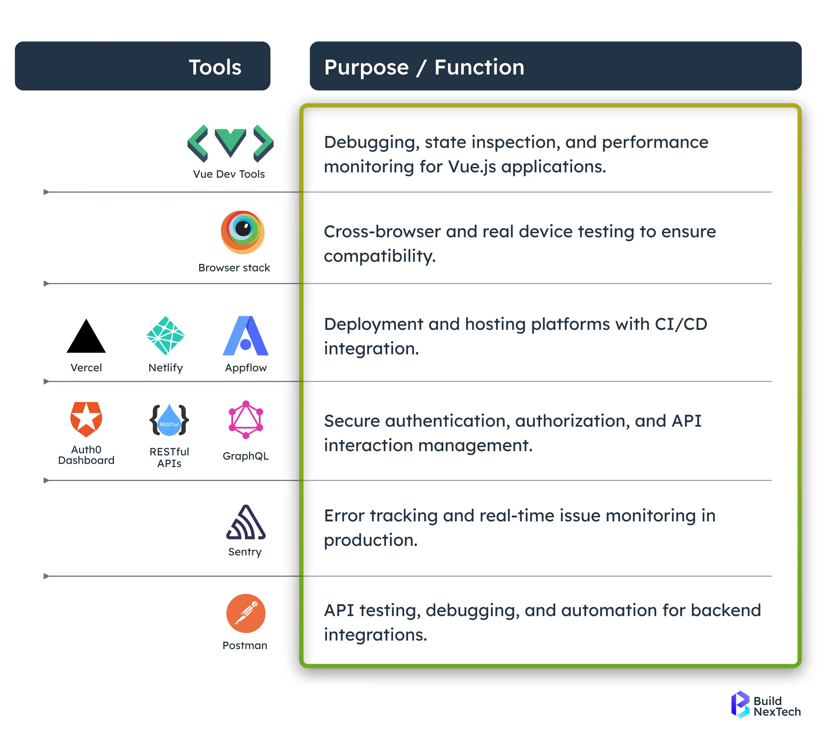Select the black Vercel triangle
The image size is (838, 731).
[86, 337]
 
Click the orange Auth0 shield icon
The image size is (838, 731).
[86, 419]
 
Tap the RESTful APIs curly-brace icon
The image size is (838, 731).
[169, 420]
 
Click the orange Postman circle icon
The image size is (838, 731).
[246, 613]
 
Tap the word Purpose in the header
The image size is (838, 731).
[366, 67]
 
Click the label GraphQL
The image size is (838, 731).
[246, 456]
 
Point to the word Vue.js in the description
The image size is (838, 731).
[472, 167]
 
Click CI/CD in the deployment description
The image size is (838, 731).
[681, 324]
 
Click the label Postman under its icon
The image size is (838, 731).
[245, 645]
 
